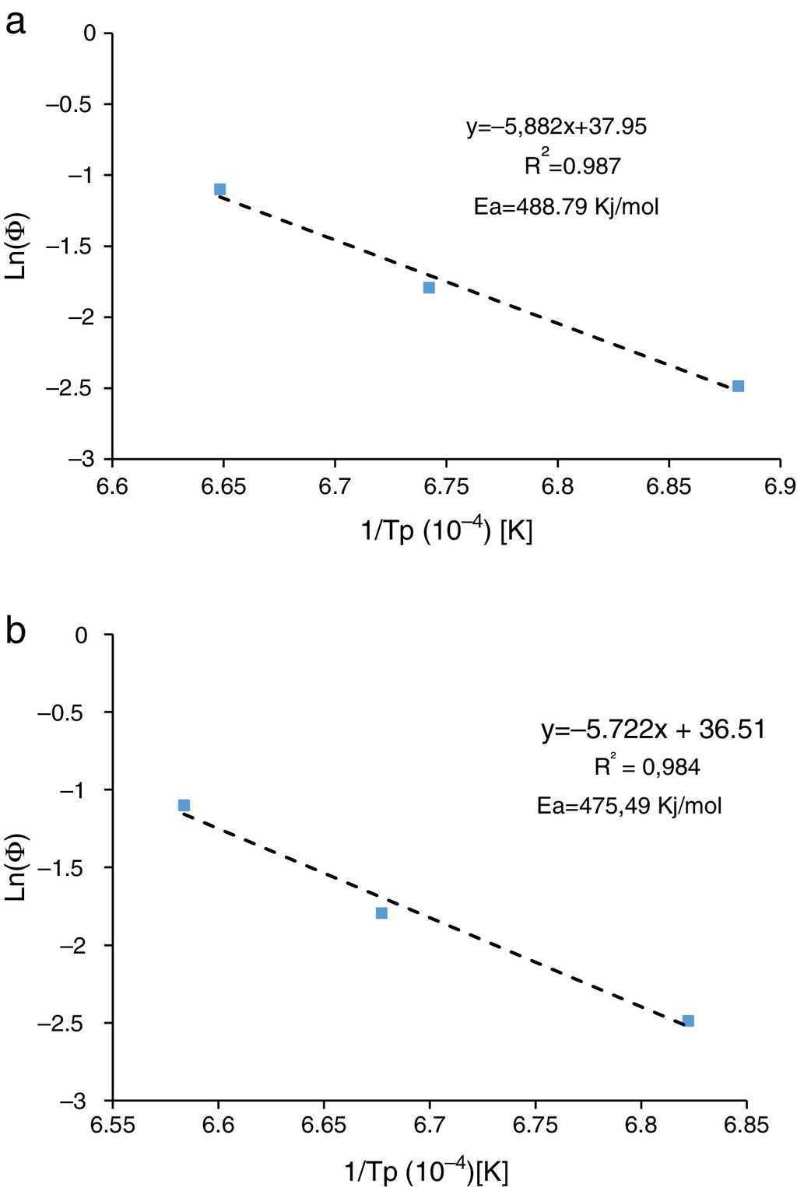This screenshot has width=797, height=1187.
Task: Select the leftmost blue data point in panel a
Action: pyautogui.click(x=219, y=189)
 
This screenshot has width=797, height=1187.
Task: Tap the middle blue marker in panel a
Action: pyautogui.click(x=429, y=287)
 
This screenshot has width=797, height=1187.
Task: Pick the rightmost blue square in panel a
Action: pyautogui.click(x=738, y=386)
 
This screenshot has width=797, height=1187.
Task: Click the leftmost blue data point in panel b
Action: pyautogui.click(x=184, y=805)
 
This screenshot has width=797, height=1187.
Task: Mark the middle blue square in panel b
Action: pyautogui.click(x=381, y=912)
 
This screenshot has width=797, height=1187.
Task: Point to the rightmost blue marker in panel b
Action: pyautogui.click(x=688, y=1021)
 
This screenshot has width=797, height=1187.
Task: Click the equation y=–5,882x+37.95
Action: pyautogui.click(x=556, y=127)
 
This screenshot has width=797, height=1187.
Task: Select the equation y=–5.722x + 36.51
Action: pyautogui.click(x=653, y=730)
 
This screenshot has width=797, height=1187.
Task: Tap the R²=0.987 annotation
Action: pyautogui.click(x=572, y=166)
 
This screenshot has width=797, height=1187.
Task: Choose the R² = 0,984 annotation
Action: pyautogui.click(x=647, y=767)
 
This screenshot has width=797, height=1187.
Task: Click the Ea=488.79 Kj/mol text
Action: pyautogui.click(x=566, y=207)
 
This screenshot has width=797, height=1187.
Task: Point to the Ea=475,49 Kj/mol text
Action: pyautogui.click(x=629, y=806)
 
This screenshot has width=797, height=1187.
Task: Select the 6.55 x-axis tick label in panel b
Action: pyautogui.click(x=113, y=1125)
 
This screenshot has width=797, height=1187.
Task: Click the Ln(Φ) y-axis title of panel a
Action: pyautogui.click(x=17, y=245)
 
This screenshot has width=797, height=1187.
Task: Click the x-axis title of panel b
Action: pyautogui.click(x=427, y=1171)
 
